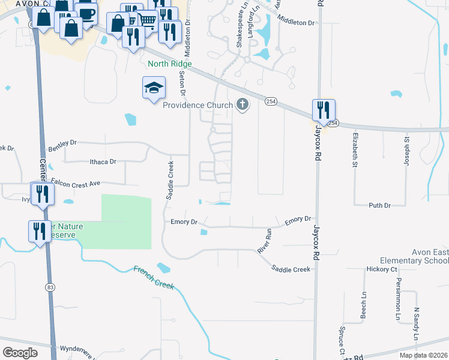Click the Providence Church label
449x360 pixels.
tap(197, 106)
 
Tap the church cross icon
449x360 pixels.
tap(243, 106)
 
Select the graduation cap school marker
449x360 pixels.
tap(154, 88)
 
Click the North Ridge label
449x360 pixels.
tap(170, 64)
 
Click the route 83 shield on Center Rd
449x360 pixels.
tap(50, 288)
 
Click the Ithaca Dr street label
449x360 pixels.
tap(102, 162)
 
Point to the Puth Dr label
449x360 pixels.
tap(379, 205)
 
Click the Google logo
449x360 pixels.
tap(20, 353)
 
